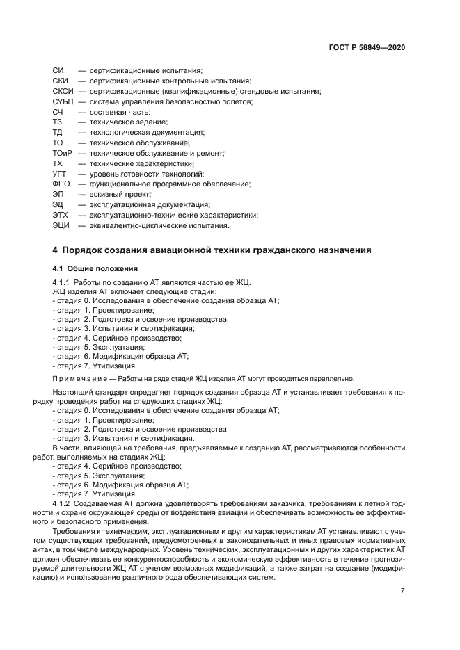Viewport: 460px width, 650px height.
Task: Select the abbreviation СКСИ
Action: click(x=63, y=91)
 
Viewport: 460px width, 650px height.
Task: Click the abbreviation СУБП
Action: click(x=63, y=101)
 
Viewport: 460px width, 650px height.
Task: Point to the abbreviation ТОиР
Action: click(x=63, y=153)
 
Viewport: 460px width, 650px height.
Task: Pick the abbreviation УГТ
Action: click(x=60, y=173)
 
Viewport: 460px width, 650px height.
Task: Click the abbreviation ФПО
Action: click(x=61, y=184)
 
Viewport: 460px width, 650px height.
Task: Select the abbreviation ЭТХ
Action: click(x=61, y=215)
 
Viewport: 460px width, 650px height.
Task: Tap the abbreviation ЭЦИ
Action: click(x=61, y=225)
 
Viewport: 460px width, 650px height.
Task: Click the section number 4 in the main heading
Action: click(x=56, y=250)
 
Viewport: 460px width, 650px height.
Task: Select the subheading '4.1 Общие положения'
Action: click(x=95, y=268)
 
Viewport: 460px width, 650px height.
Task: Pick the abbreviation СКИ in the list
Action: click(x=60, y=81)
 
